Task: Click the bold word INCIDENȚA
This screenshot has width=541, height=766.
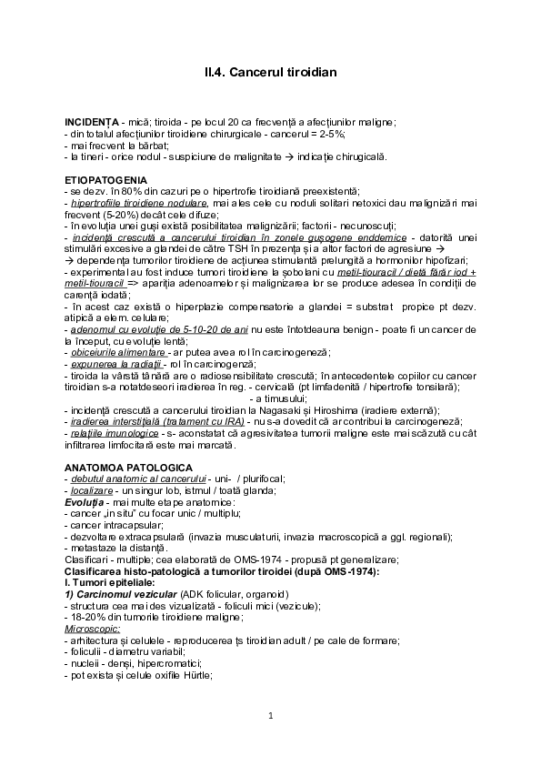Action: click(x=92, y=122)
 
